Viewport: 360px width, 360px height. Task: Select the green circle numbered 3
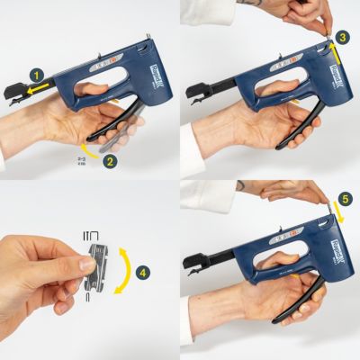341,38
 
